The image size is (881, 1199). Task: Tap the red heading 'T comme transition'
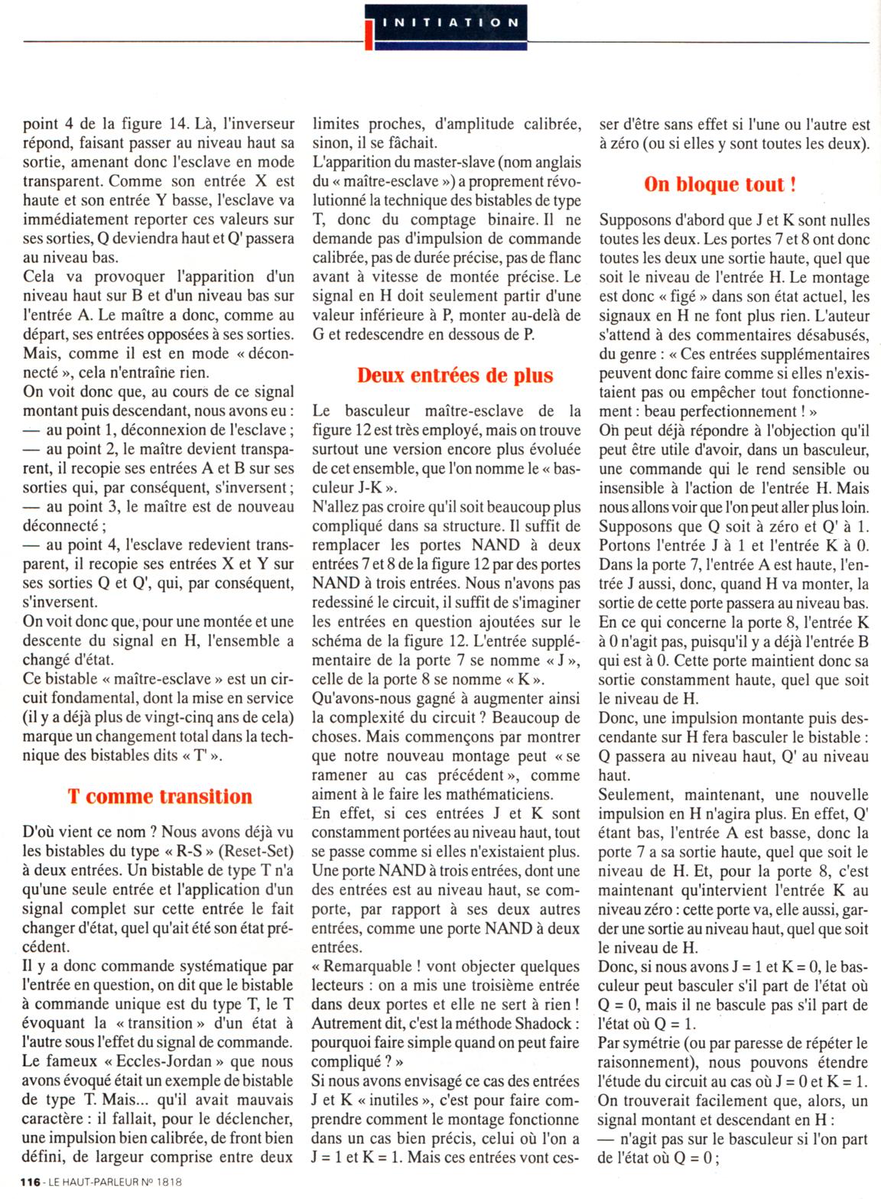[160, 796]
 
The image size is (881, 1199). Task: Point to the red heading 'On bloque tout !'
[720, 184]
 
